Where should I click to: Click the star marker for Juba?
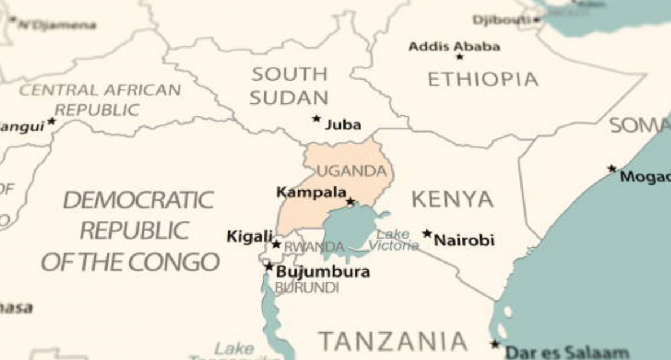pos(316,118)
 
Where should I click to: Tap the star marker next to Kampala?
pos(350,201)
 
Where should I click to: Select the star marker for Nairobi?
pos(427,233)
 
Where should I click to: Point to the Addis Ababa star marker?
pos(460,56)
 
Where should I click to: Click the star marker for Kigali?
pos(276,244)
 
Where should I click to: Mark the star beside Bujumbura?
pos(269,266)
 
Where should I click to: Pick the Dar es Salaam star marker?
pos(495,344)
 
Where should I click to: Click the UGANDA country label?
pos(351,171)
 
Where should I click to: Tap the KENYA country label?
pos(452,199)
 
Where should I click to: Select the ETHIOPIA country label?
pos(483,80)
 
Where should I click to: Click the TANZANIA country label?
pos(393,341)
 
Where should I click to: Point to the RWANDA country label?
pos(314,247)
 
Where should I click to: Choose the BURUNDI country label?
pos(307,288)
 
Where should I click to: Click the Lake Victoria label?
pos(394,240)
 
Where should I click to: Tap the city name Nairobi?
pos(464,240)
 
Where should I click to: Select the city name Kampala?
pos(311,192)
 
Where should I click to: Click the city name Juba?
pos(342,125)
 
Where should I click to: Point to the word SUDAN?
pos(289,98)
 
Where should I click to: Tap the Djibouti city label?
pos(502,20)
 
